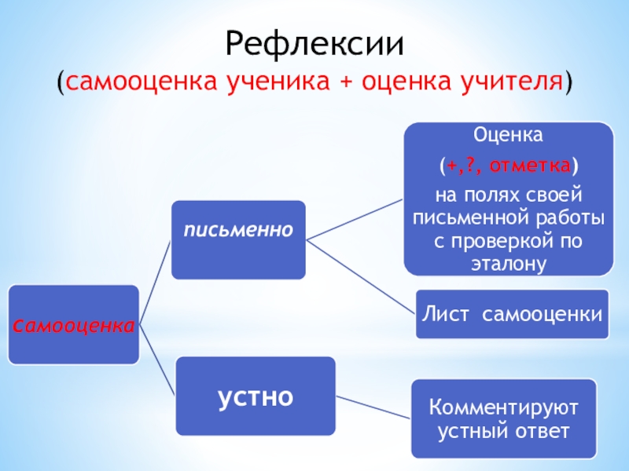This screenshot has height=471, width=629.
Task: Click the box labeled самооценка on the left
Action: point(73,325)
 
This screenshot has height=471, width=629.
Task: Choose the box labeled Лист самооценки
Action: point(512,314)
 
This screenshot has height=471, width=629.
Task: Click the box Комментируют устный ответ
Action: point(503,418)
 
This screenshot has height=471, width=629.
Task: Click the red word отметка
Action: point(533,166)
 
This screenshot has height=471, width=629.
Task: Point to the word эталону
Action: point(508,264)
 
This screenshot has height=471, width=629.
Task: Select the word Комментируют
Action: point(503,408)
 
